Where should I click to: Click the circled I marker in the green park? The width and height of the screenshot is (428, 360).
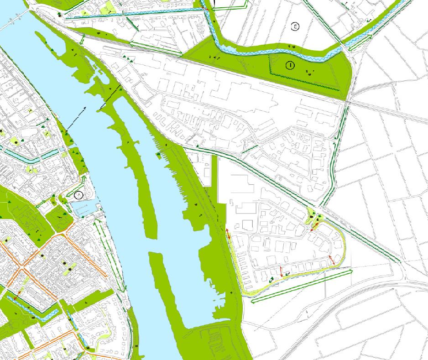point(290,65)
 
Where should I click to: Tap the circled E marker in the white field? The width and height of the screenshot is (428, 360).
point(295,26)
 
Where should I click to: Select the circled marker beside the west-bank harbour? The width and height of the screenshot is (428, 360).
point(78,195)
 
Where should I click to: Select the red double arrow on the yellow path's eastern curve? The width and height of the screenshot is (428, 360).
point(332,261)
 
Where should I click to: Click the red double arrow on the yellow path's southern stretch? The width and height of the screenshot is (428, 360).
point(282,271)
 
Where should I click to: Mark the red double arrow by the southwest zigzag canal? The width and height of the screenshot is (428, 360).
point(17,296)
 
